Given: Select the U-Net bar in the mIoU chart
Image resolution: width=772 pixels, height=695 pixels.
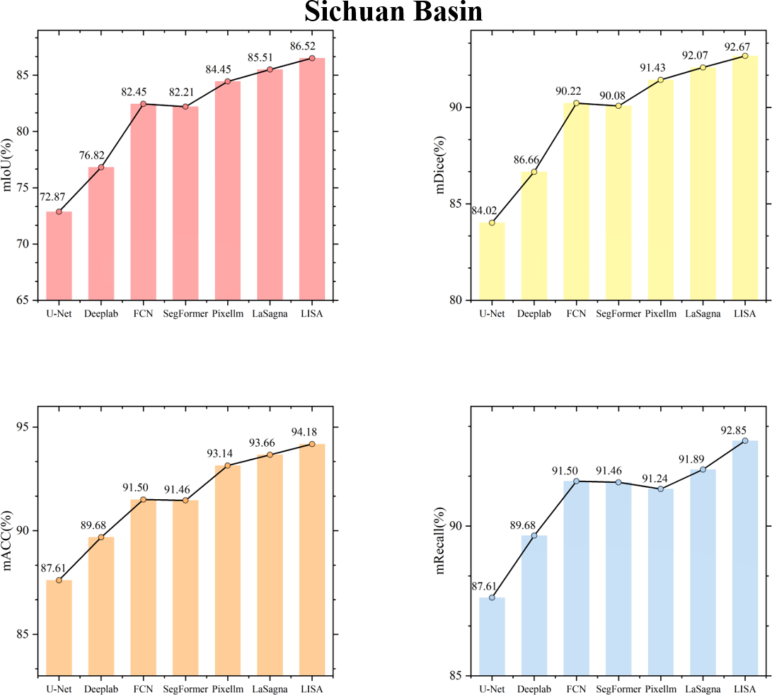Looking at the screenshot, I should click(59, 256).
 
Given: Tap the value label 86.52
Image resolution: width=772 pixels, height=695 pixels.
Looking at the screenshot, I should click(311, 47).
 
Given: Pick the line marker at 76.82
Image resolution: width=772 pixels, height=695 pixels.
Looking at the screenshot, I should click(101, 167).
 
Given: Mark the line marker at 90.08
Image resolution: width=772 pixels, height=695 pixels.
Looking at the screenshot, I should click(618, 106).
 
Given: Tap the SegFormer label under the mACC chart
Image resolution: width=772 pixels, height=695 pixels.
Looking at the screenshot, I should click(185, 689).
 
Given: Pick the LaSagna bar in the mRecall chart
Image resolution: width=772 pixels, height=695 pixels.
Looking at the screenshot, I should click(703, 573).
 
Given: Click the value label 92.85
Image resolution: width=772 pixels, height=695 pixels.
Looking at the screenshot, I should click(744, 429).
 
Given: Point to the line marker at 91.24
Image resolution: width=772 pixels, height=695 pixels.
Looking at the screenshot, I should click(661, 489).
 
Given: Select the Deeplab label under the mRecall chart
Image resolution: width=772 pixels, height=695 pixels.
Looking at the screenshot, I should click(534, 689).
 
